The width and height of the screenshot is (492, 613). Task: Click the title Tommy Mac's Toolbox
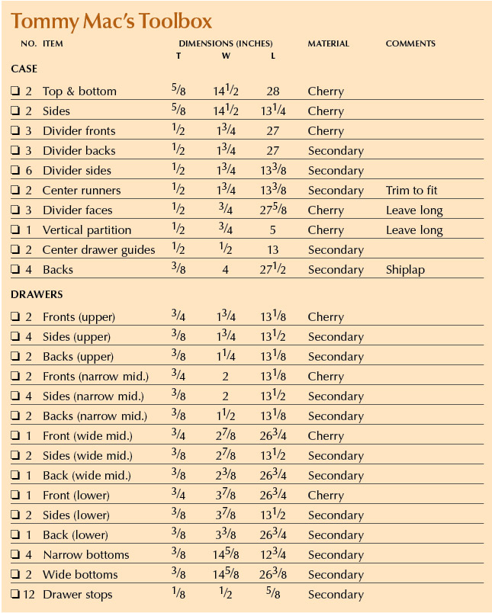(111, 21)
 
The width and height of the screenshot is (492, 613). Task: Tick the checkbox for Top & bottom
(15, 91)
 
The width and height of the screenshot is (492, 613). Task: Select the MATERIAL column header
(328, 43)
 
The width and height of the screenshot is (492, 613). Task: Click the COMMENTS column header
(410, 43)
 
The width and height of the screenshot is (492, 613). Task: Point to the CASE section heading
(24, 69)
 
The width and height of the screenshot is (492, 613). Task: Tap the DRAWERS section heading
(37, 294)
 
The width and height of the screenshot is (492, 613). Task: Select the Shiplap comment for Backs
(405, 270)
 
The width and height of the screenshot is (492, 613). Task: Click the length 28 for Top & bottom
(272, 91)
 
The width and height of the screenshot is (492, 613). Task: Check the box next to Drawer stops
(15, 594)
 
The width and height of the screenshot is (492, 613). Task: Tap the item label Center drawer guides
(98, 250)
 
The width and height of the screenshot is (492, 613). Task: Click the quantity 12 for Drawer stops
(28, 595)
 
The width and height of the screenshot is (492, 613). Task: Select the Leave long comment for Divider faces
(414, 210)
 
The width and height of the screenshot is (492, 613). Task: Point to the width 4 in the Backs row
(226, 270)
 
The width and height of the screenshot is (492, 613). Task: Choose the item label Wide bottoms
(80, 575)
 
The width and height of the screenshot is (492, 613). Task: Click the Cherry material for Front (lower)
(326, 496)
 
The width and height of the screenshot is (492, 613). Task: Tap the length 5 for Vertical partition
(272, 230)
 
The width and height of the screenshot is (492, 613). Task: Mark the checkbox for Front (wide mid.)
(15, 435)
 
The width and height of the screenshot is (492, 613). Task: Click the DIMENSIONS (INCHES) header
(226, 43)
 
